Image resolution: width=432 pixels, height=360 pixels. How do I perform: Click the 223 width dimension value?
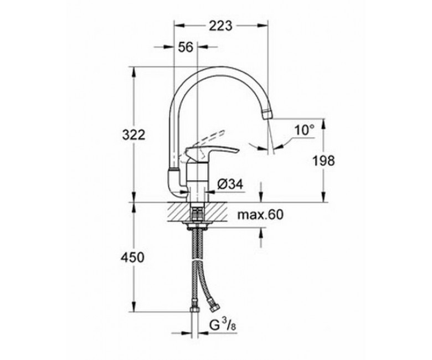point(220,26)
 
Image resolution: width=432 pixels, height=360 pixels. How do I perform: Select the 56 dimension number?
point(186,47)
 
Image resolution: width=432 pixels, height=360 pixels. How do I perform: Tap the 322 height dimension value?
point(133,135)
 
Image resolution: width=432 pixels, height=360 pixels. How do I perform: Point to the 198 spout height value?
point(323,161)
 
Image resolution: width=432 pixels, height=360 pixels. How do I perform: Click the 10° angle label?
point(305,130)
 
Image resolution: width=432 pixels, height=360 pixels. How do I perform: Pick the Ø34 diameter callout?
point(230,184)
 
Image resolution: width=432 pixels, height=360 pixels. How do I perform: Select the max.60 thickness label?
point(260,214)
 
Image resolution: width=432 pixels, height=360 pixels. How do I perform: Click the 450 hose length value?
point(132,258)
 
